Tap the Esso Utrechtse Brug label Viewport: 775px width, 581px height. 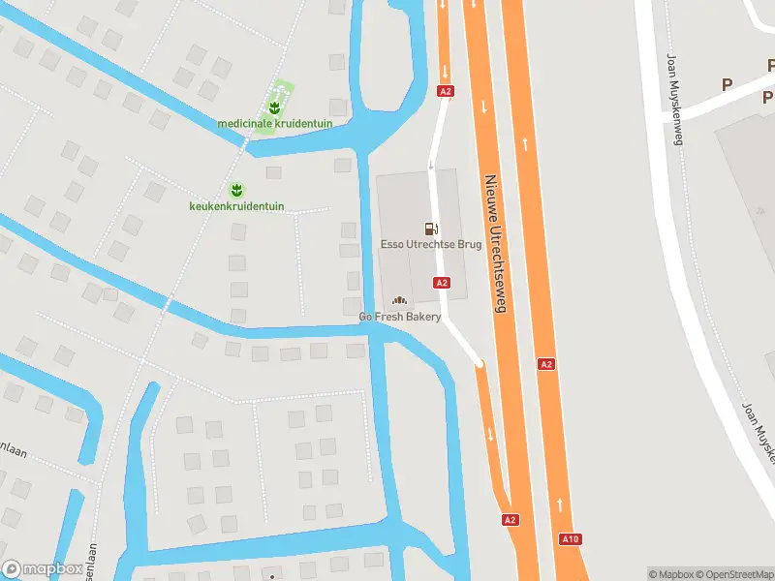pyautogui.click(x=430, y=245)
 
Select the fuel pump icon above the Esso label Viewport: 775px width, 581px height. pyautogui.click(x=430, y=229)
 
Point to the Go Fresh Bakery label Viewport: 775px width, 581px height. pyautogui.click(x=400, y=317)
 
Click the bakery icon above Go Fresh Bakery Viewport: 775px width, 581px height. pyautogui.click(x=399, y=301)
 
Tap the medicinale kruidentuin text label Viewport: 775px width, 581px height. pyautogui.click(x=275, y=123)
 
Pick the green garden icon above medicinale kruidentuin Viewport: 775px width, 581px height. pyautogui.click(x=275, y=106)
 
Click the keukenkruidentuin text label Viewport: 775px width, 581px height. pyautogui.click(x=236, y=205)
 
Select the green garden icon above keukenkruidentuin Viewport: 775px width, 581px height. pyautogui.click(x=236, y=188)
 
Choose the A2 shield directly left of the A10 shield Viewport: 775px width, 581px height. pyautogui.click(x=511, y=520)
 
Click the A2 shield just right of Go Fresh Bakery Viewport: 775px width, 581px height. pyautogui.click(x=442, y=282)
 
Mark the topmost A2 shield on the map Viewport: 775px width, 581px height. pyautogui.click(x=445, y=91)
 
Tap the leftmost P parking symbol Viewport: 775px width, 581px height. pyautogui.click(x=727, y=85)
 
